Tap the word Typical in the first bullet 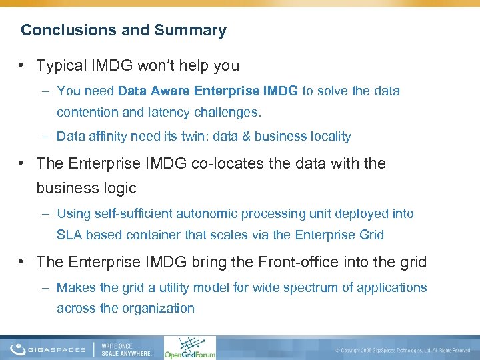(61, 66)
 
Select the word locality (327, 136)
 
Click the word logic (119, 188)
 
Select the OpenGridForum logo (190, 347)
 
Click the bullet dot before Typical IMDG (23, 66)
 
